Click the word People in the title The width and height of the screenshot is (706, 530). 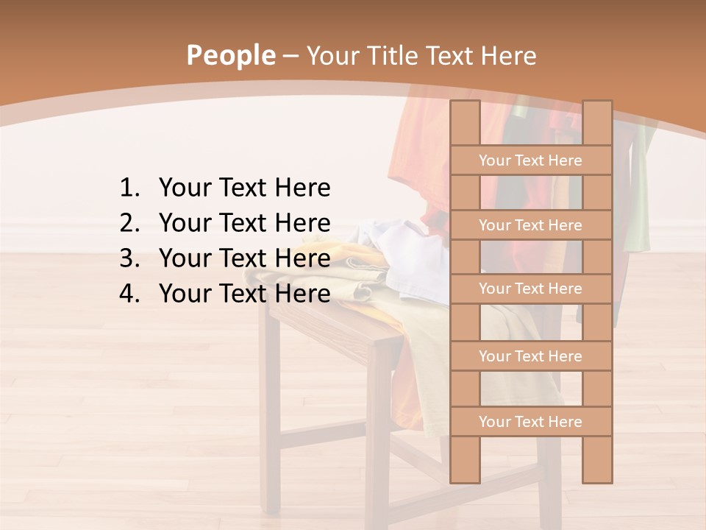[x=230, y=55]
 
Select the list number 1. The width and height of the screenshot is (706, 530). [x=129, y=188]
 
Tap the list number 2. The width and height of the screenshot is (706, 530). [x=129, y=223]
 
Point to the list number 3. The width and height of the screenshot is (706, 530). [x=129, y=258]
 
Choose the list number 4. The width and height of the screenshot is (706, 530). [x=129, y=294]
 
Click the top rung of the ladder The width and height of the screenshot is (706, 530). [x=530, y=160]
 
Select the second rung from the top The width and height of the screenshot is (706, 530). [x=530, y=225]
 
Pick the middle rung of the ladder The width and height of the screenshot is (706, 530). [x=530, y=289]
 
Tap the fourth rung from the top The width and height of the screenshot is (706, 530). [x=530, y=356]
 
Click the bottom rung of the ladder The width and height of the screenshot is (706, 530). [x=530, y=422]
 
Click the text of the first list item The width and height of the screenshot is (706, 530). [x=244, y=188]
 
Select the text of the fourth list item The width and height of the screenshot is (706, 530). [x=244, y=294]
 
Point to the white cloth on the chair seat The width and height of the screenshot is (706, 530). [x=412, y=258]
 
